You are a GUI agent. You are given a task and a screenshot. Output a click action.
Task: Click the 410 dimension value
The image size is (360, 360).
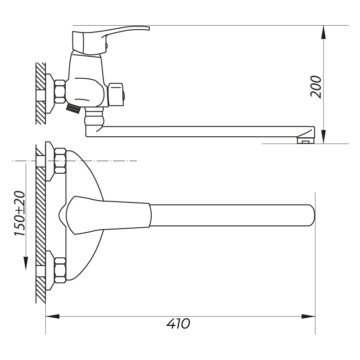(x=178, y=324)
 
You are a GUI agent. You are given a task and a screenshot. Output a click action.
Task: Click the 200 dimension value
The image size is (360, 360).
(x=316, y=87)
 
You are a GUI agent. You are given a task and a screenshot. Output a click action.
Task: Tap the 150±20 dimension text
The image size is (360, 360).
(x=20, y=213)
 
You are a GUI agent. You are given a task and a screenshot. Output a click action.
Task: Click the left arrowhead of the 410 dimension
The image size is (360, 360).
(x=53, y=316)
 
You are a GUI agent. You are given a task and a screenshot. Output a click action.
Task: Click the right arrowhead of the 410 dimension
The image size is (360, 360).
(x=308, y=316)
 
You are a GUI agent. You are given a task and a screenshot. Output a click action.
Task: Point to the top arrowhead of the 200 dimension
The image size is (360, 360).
(x=323, y=32)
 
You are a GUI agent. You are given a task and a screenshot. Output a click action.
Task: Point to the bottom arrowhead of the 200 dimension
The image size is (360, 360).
(x=323, y=137)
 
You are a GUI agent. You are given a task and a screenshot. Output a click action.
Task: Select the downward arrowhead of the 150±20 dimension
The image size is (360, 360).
(x=26, y=263)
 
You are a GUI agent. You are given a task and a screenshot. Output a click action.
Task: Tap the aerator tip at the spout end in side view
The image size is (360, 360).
(x=306, y=140)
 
